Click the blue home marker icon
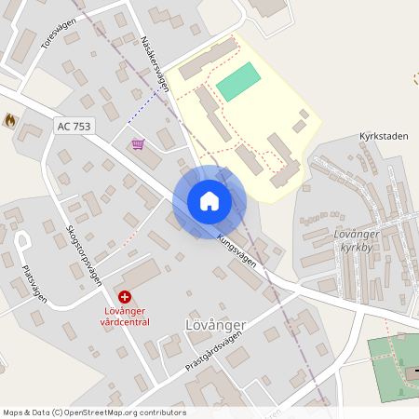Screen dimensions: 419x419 point(209,200)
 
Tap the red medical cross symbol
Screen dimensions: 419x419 point(125,295)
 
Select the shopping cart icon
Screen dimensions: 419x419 point(139,144)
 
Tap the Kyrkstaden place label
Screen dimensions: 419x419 point(383,136)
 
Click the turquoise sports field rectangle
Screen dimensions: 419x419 point(237,81)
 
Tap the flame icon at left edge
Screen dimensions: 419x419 point(10,120)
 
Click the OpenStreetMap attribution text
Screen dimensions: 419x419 point(93,412)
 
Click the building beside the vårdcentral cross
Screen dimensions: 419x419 point(138,275)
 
